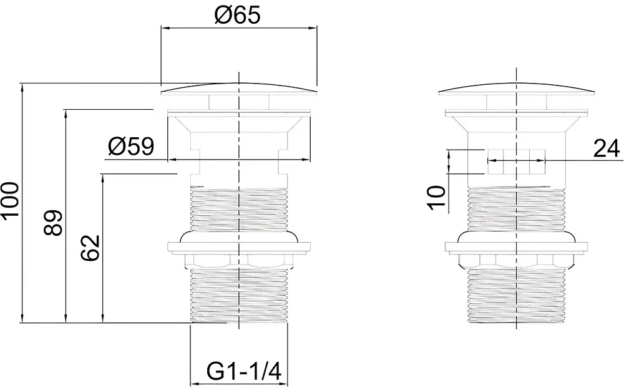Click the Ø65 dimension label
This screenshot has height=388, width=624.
click(237, 15)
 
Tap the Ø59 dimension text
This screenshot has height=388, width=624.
click(131, 147)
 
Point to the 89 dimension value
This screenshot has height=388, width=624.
click(53, 223)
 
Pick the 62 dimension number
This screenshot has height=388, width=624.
click(90, 248)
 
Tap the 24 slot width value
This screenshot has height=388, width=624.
click(607, 149)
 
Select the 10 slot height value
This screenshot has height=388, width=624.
click(437, 197)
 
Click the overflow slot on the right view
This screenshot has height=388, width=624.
click(516, 162)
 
